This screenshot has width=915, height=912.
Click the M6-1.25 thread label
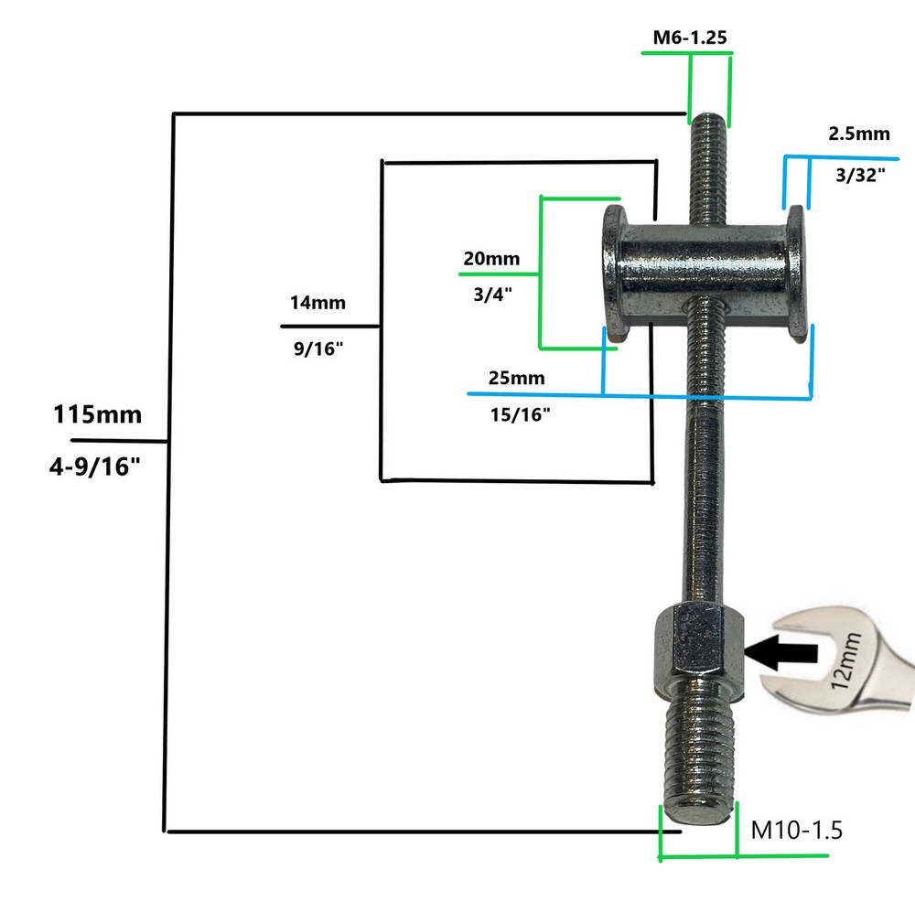click(x=689, y=38)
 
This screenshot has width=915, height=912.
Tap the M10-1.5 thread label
click(x=795, y=831)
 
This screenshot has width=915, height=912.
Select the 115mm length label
click(x=97, y=414)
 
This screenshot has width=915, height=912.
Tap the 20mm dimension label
click(x=490, y=258)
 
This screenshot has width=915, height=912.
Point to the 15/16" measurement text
click(x=521, y=415)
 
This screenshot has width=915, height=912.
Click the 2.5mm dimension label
click(x=858, y=134)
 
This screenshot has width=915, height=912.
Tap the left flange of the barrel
click(x=611, y=274)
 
